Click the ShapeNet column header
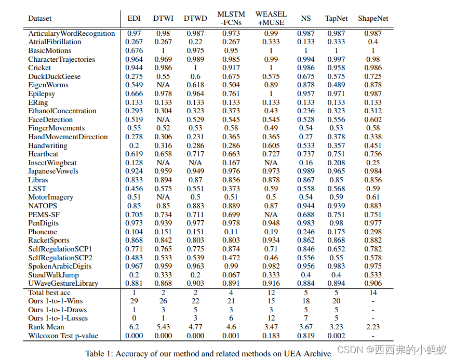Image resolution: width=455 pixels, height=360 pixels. [372, 18]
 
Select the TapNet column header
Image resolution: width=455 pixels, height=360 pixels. [336, 18]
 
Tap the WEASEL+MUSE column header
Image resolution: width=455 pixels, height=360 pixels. [271, 18]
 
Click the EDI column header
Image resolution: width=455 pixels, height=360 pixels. [134, 18]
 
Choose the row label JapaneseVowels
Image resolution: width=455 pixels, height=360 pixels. [53, 171]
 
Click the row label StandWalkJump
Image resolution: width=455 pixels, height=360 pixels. [53, 275]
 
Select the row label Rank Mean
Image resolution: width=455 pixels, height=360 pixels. [46, 327]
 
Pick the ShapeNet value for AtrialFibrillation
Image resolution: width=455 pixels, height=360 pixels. [372, 42]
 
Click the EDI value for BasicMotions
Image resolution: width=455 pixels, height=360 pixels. [134, 51]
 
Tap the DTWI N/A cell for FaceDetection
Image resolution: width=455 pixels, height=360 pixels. [163, 119]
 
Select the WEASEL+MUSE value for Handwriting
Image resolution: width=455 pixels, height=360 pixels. [271, 145]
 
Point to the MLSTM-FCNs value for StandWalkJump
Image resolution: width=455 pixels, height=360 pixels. [231, 275]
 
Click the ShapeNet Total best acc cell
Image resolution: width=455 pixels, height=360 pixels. [372, 292]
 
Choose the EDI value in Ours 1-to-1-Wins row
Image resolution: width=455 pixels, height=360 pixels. [134, 301]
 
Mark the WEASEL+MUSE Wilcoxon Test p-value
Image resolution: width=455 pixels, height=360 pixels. [271, 336]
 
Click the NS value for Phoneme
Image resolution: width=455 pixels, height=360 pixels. [306, 232]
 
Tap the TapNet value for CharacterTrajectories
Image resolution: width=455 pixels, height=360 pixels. [336, 59]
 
